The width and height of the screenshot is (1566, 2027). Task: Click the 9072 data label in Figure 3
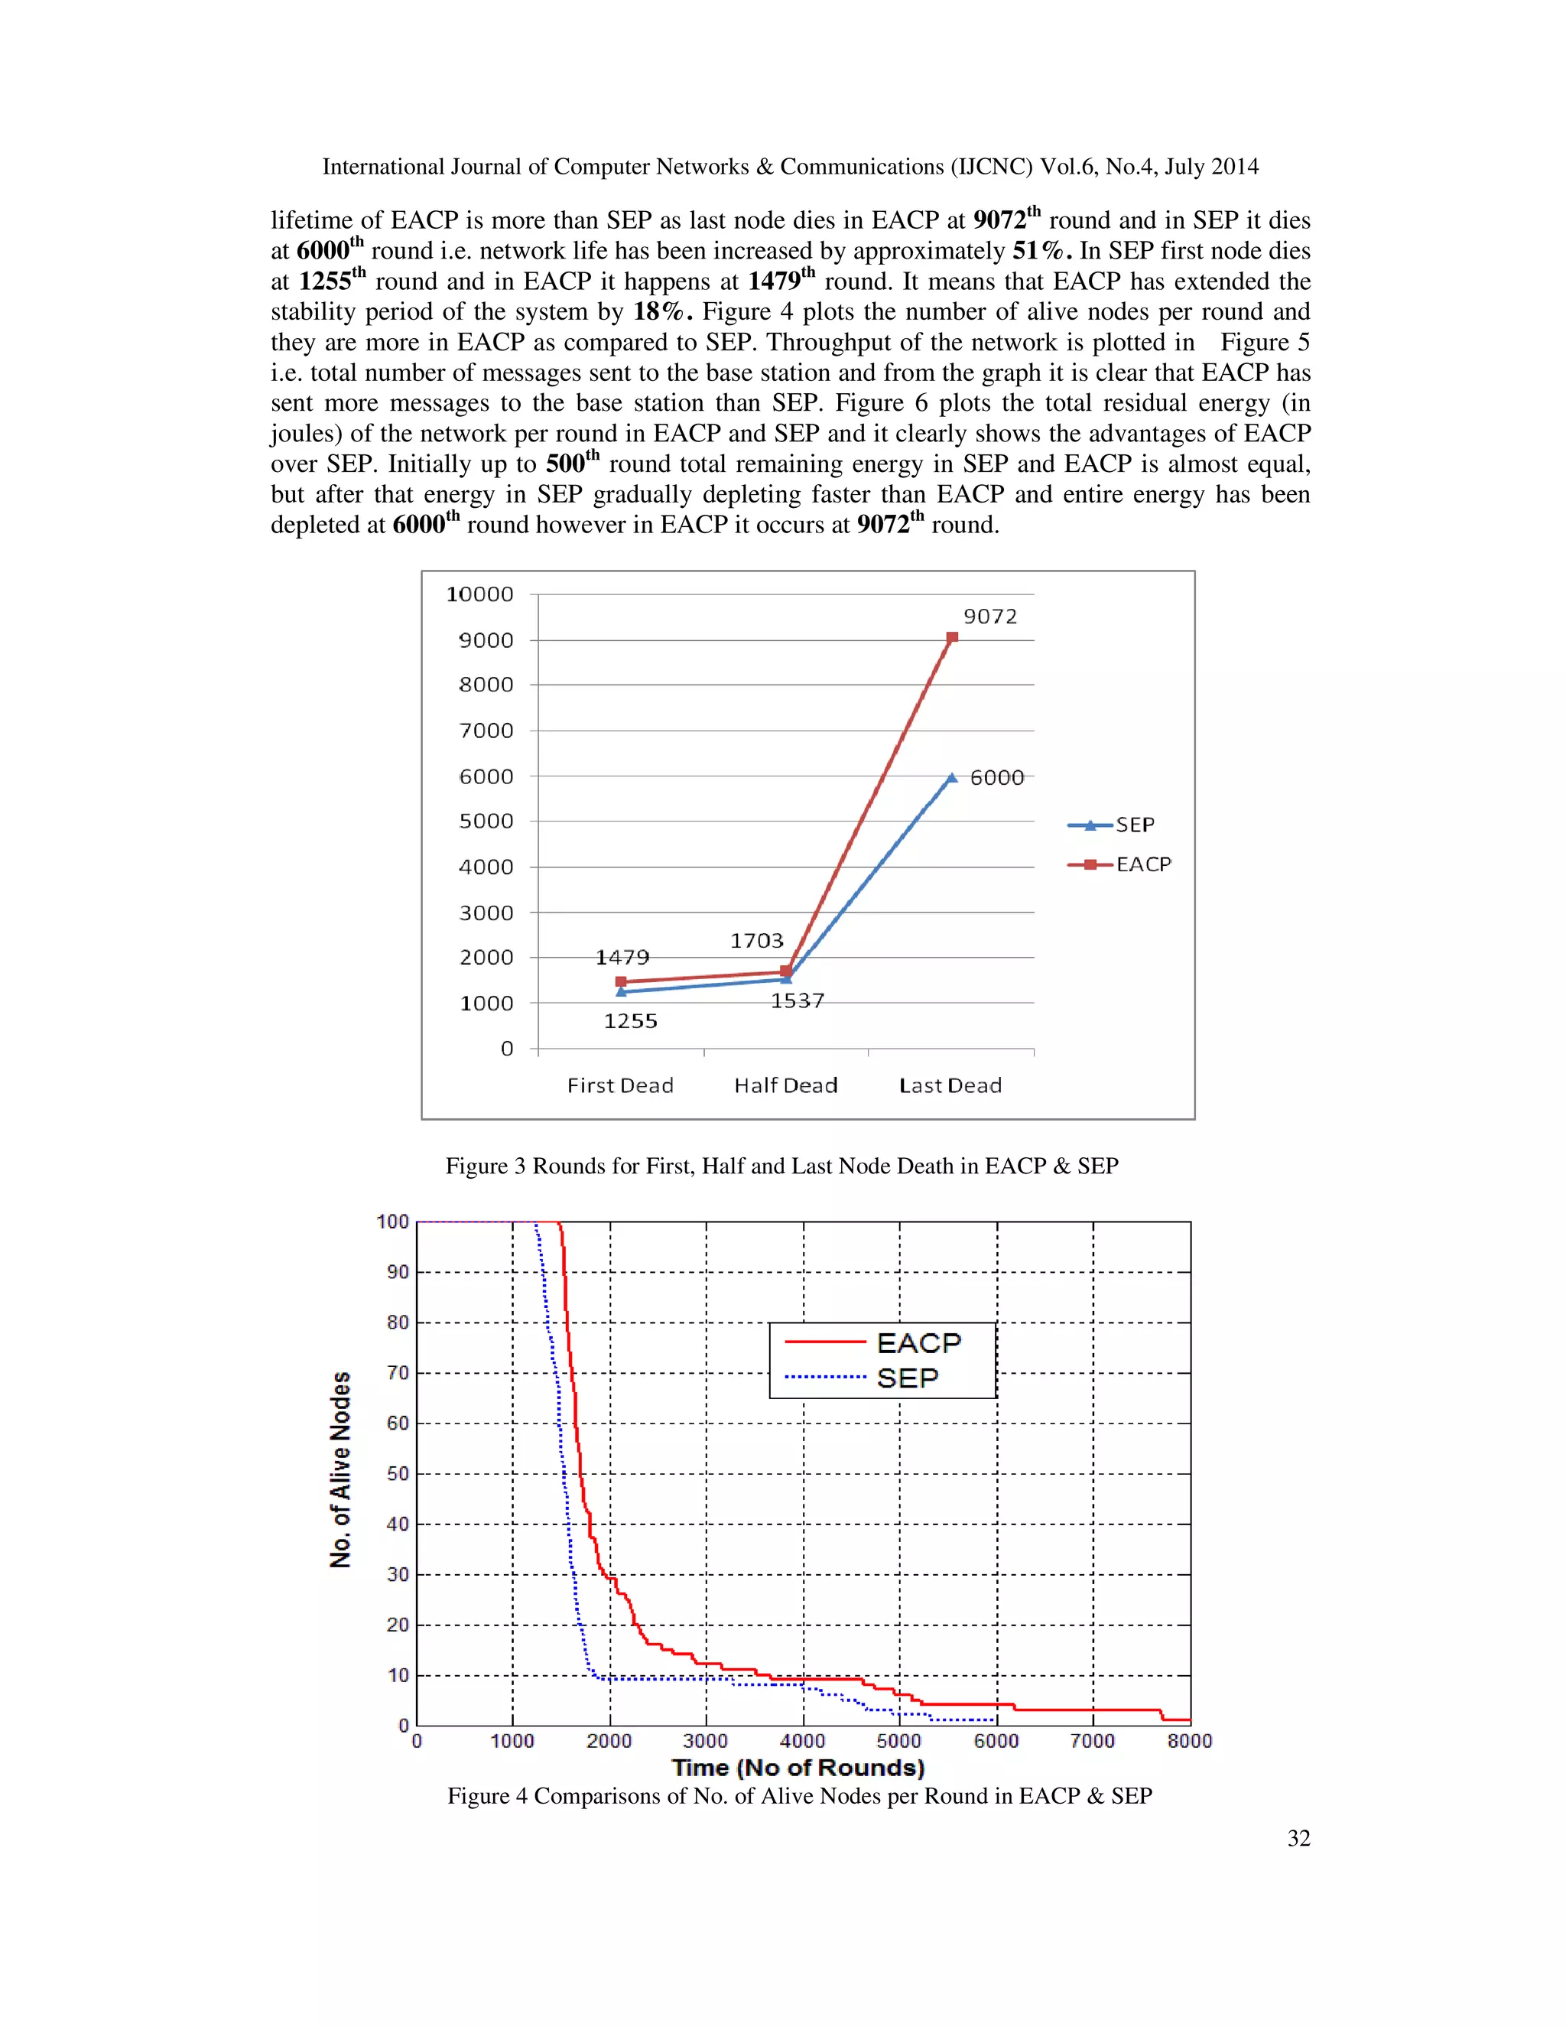990,617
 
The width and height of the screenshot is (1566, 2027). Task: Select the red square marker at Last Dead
952,638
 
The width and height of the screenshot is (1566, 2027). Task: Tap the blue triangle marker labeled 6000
952,778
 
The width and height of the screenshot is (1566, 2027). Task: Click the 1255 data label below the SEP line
630,1021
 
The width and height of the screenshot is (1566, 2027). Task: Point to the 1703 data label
756,941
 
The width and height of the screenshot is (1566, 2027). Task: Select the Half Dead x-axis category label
786,1086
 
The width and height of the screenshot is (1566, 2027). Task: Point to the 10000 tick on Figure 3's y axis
479,595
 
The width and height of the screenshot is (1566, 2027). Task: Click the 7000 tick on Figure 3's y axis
486,730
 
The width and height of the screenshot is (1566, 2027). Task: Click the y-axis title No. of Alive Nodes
340,1470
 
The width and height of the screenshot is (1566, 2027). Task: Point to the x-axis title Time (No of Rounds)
798,1768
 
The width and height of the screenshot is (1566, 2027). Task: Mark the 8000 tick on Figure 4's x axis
1189,1741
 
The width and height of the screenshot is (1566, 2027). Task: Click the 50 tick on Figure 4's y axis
397,1474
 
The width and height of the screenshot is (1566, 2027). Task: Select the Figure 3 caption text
781,1166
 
